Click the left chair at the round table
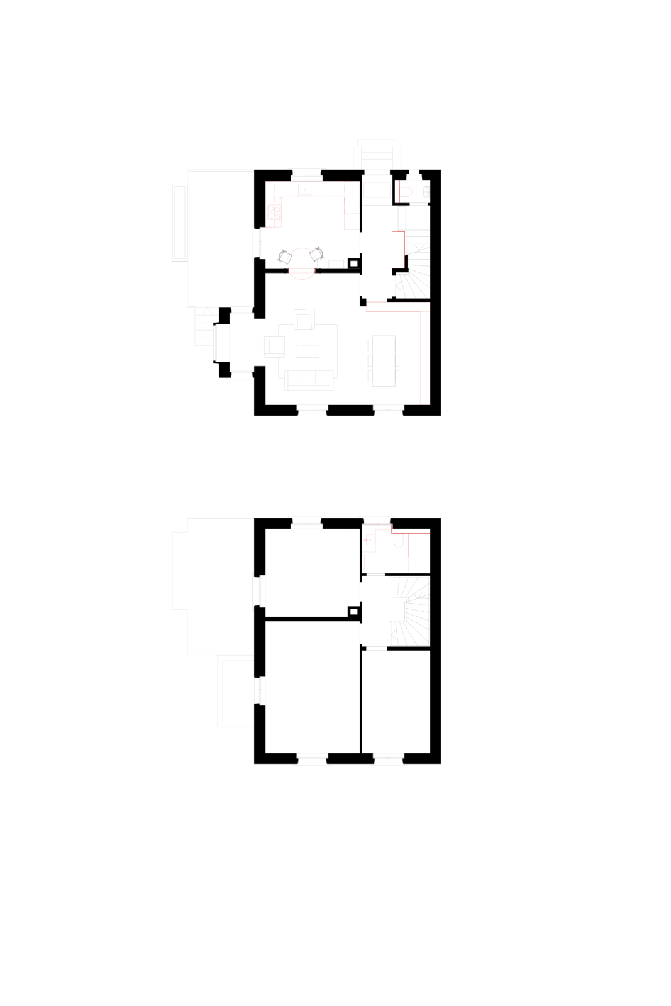(284, 257)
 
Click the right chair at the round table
(318, 254)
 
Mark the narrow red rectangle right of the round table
(398, 250)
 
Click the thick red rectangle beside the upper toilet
(377, 190)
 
